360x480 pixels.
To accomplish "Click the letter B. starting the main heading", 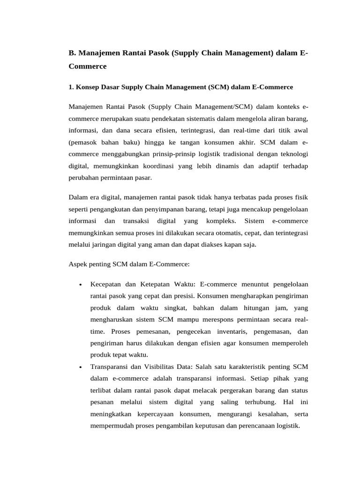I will coord(72,53).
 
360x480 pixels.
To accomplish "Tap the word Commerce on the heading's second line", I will coord(88,67).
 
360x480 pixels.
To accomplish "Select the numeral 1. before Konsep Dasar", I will coord(71,87).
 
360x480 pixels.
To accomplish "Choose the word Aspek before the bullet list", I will coord(77,264).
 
